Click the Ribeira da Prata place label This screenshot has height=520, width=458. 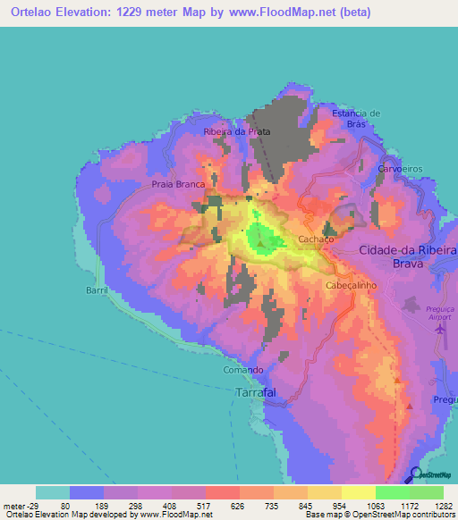coord(237,131)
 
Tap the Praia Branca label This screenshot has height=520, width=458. coord(177,185)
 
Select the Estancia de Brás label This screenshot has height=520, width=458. coord(356,119)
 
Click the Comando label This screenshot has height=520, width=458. coord(242,370)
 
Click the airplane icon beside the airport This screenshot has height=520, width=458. coord(439,330)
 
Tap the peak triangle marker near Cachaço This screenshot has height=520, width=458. coord(261,242)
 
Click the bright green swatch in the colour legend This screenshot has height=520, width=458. coord(393,492)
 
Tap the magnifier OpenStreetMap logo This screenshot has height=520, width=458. coord(418,476)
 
